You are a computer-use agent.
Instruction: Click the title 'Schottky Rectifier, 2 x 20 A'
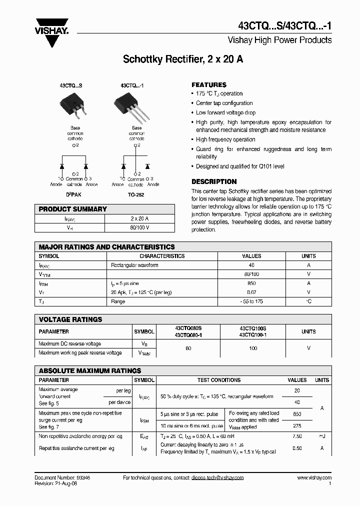[x=183, y=59]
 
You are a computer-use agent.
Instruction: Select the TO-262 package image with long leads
[x=129, y=107]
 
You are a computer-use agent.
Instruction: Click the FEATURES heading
[x=209, y=85]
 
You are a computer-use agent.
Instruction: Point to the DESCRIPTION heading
[x=214, y=181]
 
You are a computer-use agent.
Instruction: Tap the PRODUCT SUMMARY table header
[x=73, y=209]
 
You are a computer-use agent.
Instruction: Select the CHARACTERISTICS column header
[x=162, y=256]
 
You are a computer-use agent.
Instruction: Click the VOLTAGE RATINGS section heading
[x=70, y=319]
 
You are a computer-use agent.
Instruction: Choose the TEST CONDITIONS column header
[x=218, y=380]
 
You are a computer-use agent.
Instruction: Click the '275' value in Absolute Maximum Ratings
[x=297, y=425]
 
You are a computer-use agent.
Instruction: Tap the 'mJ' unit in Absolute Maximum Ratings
[x=321, y=436]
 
